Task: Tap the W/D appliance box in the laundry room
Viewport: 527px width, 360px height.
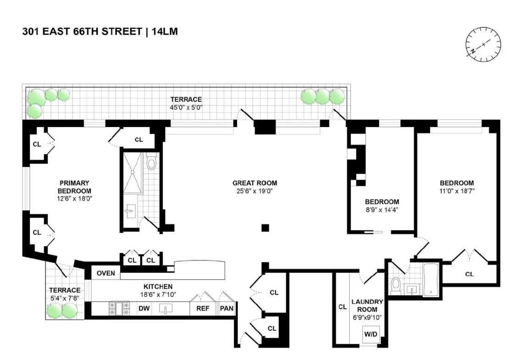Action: (370, 334)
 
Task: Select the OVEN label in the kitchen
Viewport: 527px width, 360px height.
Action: (105, 273)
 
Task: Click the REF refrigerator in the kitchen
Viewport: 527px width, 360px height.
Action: (203, 309)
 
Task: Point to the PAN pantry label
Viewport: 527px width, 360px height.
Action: (226, 309)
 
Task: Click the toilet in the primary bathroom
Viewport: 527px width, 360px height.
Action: (152, 162)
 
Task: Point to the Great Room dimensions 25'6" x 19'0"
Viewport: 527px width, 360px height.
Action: (255, 191)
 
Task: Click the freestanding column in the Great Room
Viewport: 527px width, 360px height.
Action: (265, 227)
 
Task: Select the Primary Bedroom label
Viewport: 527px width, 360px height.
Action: (74, 187)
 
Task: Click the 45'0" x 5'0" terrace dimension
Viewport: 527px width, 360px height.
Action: (186, 107)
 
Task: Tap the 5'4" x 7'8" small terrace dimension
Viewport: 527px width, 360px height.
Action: (65, 298)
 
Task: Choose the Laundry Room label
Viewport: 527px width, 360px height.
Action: (367, 305)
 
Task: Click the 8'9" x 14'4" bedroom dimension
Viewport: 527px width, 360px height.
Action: (382, 210)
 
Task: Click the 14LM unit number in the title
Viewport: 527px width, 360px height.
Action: (165, 32)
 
